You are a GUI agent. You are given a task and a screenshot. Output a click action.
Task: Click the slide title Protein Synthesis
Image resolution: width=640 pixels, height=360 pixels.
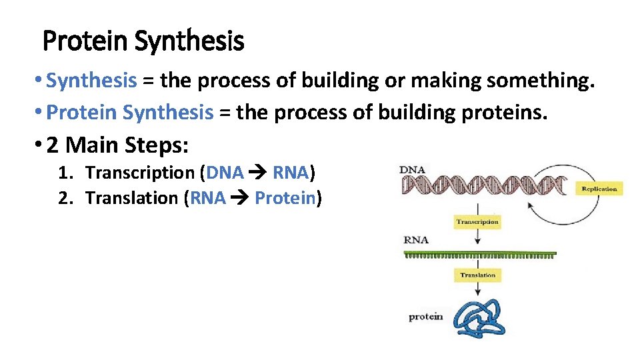pyautogui.click(x=143, y=41)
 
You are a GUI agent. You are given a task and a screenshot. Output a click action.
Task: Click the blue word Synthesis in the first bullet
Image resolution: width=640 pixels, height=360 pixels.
pyautogui.click(x=91, y=81)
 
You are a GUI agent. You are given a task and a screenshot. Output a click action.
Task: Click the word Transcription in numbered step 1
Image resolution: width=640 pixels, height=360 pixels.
pyautogui.click(x=140, y=173)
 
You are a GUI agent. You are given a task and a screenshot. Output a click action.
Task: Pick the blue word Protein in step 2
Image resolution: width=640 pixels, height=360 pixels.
pyautogui.click(x=285, y=198)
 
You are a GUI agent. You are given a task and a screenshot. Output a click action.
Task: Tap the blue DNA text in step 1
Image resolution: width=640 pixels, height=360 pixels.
pyautogui.click(x=225, y=173)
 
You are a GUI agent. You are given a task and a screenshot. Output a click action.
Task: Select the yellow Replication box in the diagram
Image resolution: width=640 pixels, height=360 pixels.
pyautogui.click(x=599, y=189)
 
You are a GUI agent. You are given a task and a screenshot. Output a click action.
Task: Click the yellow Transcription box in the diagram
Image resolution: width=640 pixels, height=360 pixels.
pyautogui.click(x=477, y=221)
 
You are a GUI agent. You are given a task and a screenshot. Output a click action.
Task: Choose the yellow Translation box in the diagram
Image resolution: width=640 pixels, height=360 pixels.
pyautogui.click(x=477, y=275)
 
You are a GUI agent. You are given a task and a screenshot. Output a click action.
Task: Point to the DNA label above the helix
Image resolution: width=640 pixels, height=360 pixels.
pyautogui.click(x=412, y=170)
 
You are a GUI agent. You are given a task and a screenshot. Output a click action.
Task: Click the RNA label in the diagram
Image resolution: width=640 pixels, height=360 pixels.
pyautogui.click(x=416, y=240)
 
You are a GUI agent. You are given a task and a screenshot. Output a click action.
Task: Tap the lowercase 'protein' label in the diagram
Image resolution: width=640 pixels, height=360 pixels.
pyautogui.click(x=425, y=317)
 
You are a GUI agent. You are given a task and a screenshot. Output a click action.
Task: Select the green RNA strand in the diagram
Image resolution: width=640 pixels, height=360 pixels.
pyautogui.click(x=480, y=255)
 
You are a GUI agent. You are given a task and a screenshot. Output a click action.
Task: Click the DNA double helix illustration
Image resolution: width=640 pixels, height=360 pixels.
pyautogui.click(x=487, y=185)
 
